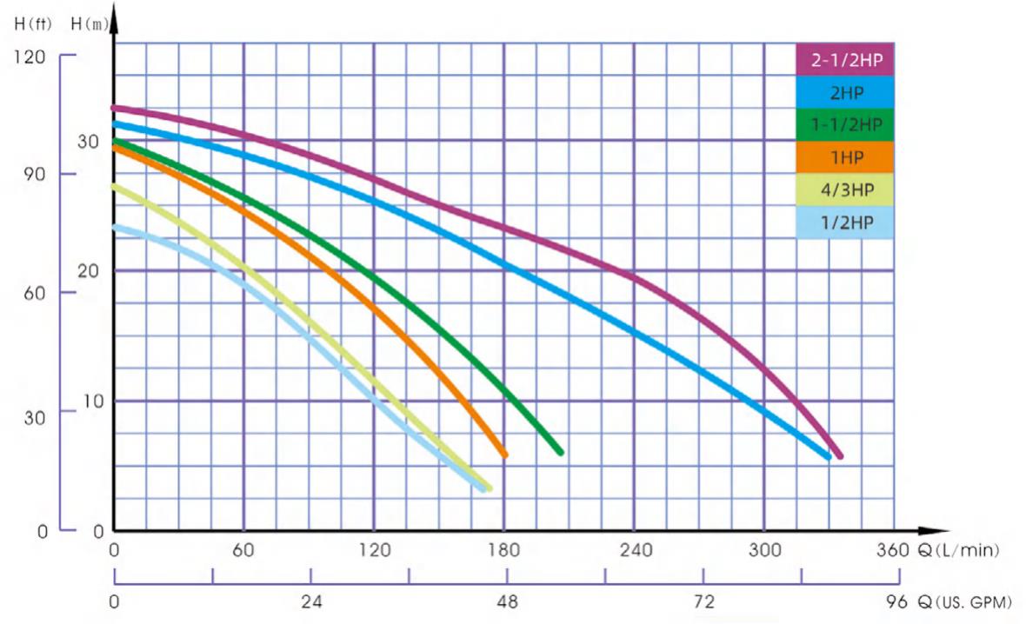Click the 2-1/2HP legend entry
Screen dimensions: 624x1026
[x=845, y=60]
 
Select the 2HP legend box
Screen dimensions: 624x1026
[x=845, y=92]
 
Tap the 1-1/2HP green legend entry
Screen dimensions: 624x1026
[x=845, y=124]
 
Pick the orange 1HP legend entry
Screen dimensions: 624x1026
[x=845, y=157]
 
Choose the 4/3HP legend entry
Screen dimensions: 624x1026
[x=845, y=189]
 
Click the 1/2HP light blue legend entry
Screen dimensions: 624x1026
[x=845, y=222]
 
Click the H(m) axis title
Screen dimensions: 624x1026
[x=90, y=23]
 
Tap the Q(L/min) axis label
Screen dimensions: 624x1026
[x=956, y=550]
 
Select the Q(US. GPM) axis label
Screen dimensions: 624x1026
[x=960, y=601]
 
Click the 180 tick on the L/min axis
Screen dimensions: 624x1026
[x=504, y=550]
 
